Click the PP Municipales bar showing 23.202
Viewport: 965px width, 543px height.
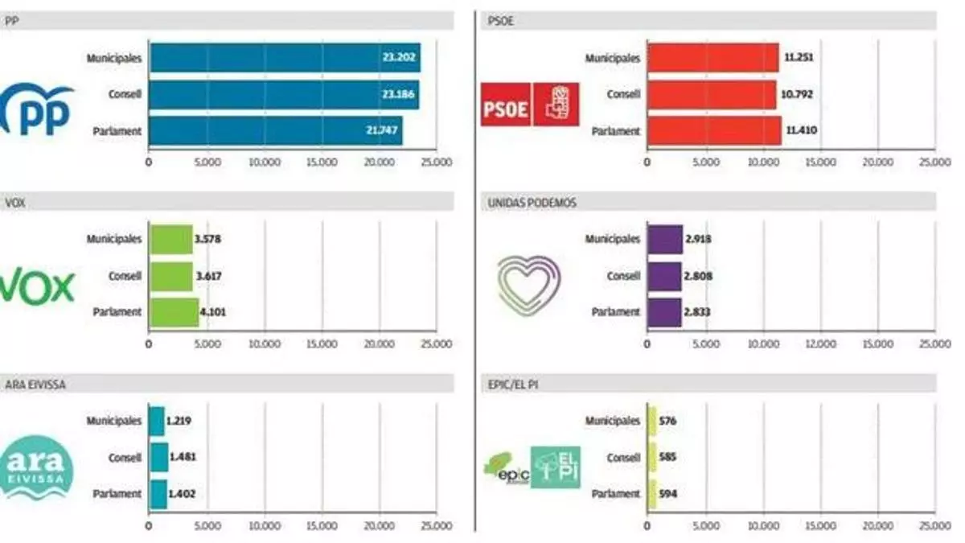285,58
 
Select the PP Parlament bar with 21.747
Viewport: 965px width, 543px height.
276,130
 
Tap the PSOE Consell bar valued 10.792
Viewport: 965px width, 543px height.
712,94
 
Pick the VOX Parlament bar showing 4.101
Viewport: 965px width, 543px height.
174,312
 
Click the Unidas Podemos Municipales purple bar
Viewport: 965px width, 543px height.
665,239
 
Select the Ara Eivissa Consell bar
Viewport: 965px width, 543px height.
158,457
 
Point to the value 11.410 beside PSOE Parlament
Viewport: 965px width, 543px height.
801,131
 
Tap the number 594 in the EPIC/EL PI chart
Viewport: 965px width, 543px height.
667,493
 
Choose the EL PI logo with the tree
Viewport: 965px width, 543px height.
556,467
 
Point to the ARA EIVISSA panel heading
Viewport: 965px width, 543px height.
35,385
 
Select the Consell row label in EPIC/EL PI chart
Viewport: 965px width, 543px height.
623,457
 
